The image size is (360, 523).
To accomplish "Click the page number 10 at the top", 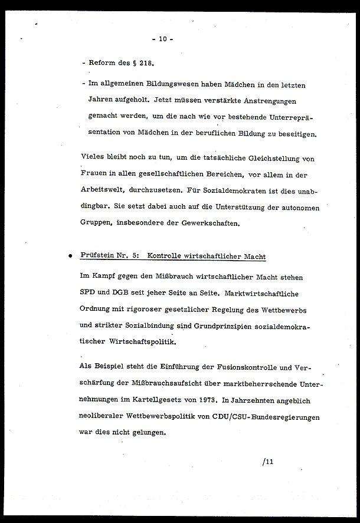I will pos(162,39).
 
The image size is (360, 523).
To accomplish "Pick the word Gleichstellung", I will pos(273,159).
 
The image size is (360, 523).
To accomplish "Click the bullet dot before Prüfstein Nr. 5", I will pos(70,257).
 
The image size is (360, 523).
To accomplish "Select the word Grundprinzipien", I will pos(229,326).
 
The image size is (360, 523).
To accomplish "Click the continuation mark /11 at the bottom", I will pos(267,462).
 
